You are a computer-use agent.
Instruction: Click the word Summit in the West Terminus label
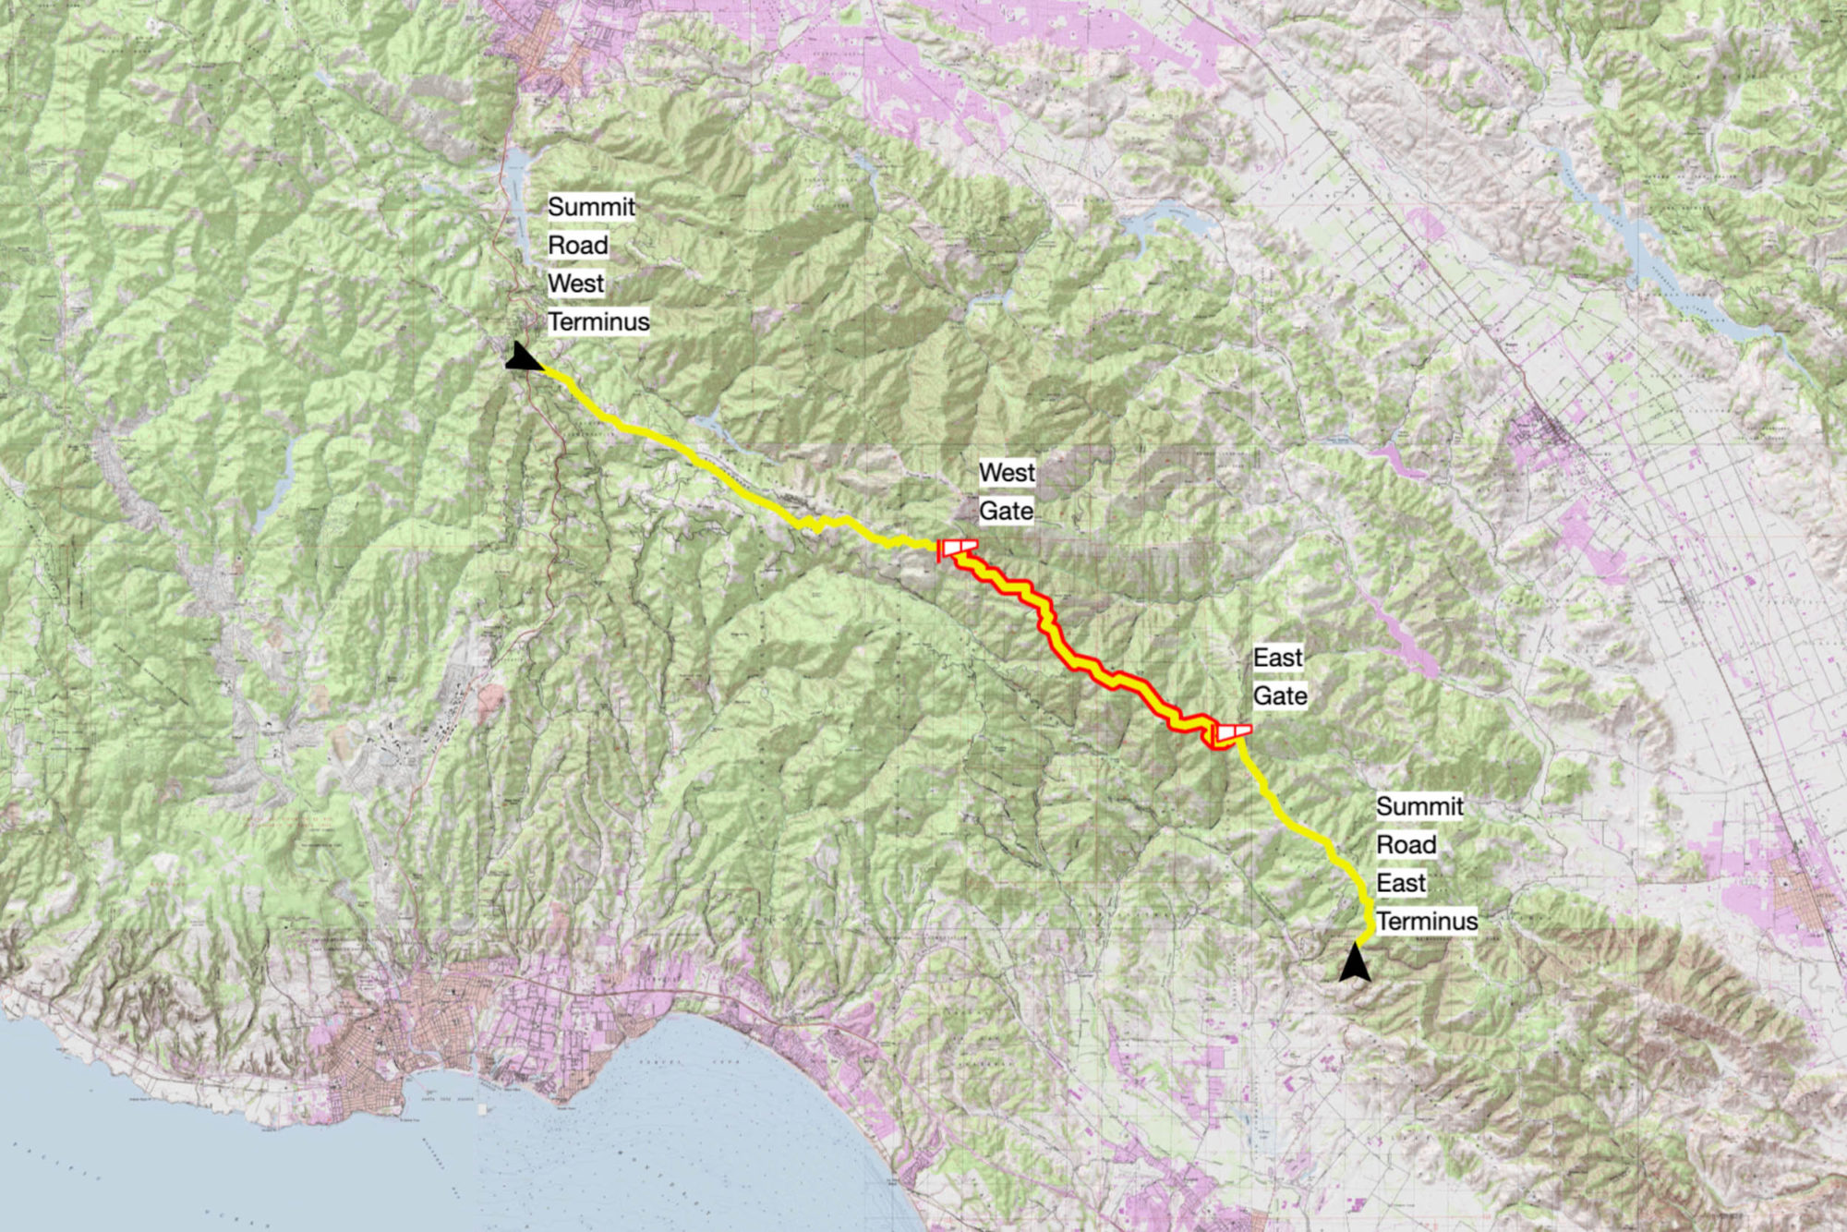pyautogui.click(x=591, y=207)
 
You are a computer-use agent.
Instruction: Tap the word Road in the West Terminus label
pyautogui.click(x=577, y=246)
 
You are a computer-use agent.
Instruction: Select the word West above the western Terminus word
pyautogui.click(x=575, y=284)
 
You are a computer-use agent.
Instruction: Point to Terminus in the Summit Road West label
pyautogui.click(x=598, y=321)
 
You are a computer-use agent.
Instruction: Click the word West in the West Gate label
pyautogui.click(x=1007, y=473)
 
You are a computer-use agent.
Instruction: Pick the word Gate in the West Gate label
pyautogui.click(x=1006, y=511)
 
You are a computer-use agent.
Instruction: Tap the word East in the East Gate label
pyautogui.click(x=1277, y=658)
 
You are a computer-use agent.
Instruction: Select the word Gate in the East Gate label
pyautogui.click(x=1280, y=695)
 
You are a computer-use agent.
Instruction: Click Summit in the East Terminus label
pyautogui.click(x=1419, y=806)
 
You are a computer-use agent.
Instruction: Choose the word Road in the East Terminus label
pyautogui.click(x=1406, y=845)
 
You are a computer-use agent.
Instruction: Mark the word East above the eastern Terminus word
pyautogui.click(x=1401, y=883)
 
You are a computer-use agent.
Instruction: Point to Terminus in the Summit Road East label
pyautogui.click(x=1427, y=922)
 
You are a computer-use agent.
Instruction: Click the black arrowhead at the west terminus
pyautogui.click(x=523, y=358)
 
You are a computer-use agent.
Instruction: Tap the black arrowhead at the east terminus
pyautogui.click(x=1355, y=963)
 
